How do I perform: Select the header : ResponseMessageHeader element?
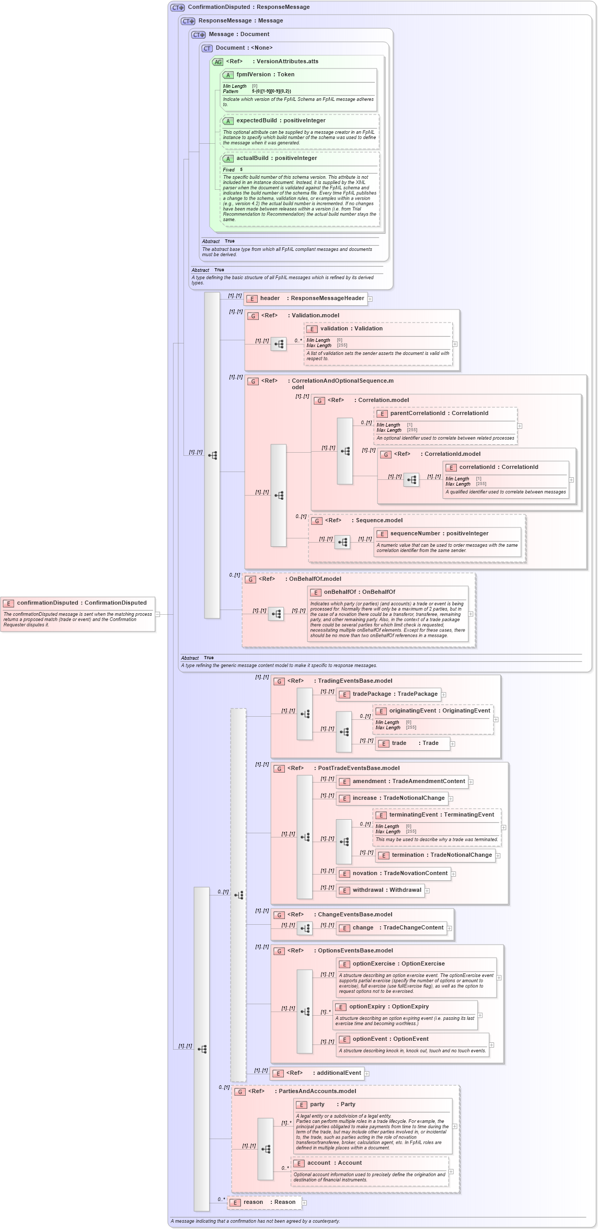(312, 298)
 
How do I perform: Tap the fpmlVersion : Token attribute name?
(265, 75)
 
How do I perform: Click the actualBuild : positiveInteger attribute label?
(277, 158)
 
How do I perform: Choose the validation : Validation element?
(351, 329)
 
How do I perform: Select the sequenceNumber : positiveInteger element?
(439, 534)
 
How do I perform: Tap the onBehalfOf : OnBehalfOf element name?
(359, 592)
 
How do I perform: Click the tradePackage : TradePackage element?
(395, 694)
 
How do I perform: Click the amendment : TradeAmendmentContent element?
(408, 782)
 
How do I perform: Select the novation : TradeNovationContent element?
(400, 874)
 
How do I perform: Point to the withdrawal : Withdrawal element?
(386, 890)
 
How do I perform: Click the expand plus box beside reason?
(304, 1203)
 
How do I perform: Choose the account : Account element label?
(334, 1163)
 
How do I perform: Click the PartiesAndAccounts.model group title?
(317, 1092)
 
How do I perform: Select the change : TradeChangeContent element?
(397, 928)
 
